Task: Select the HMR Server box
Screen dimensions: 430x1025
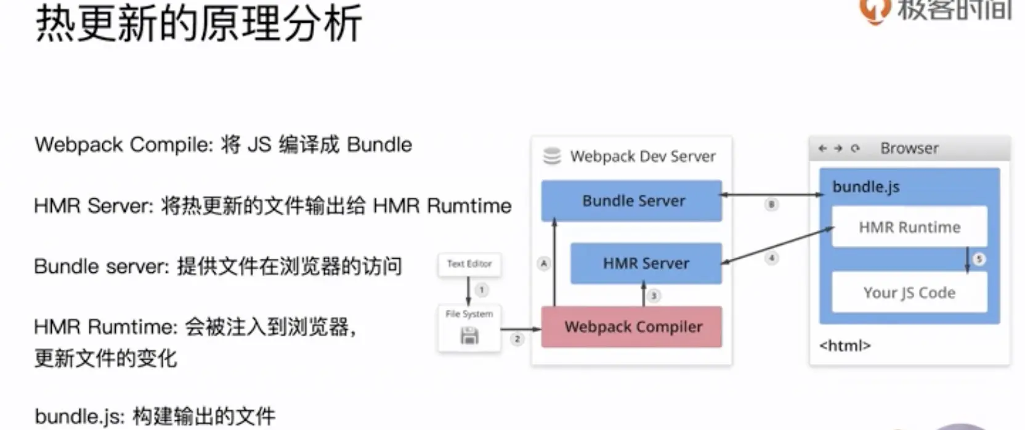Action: click(x=646, y=264)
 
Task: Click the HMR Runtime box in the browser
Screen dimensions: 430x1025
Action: click(x=909, y=227)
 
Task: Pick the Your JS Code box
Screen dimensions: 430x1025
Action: click(x=909, y=293)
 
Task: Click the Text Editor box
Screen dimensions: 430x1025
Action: click(x=469, y=264)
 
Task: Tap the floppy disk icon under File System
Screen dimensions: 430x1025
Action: click(x=469, y=336)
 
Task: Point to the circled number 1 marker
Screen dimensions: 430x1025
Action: click(x=482, y=290)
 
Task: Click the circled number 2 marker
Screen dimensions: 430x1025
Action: click(x=517, y=339)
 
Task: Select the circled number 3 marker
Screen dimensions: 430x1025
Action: click(x=654, y=296)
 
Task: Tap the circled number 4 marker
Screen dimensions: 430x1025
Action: click(x=772, y=258)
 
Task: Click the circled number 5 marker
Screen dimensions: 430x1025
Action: click(x=978, y=259)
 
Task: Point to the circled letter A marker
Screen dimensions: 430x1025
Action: click(x=543, y=264)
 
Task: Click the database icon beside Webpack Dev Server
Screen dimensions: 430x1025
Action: click(x=552, y=156)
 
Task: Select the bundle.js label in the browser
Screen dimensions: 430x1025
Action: click(x=865, y=187)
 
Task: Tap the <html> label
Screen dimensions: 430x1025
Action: click(x=845, y=346)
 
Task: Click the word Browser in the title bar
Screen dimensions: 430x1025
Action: click(x=909, y=148)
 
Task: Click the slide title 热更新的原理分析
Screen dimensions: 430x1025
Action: click(x=198, y=23)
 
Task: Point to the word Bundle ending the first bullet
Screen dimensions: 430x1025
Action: click(x=379, y=145)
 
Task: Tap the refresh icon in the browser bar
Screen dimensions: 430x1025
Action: click(x=855, y=148)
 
